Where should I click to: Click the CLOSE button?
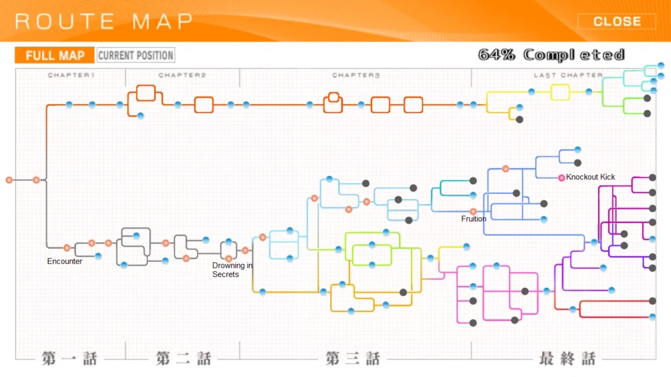(617, 22)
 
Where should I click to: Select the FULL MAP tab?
(55, 55)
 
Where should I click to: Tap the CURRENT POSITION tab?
(136, 55)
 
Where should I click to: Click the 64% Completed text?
(551, 55)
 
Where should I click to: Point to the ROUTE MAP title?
(104, 22)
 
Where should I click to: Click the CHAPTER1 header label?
(71, 75)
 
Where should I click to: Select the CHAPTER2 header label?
(182, 75)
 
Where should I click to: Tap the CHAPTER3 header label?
(356, 75)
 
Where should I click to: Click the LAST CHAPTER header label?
(568, 75)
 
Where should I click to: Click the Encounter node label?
(65, 261)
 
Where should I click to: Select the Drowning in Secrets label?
(233, 270)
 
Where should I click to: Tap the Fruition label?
(474, 219)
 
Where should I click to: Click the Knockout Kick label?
(590, 177)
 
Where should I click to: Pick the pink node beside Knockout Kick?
(562, 178)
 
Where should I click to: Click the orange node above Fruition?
(473, 211)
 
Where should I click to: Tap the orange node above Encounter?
(67, 248)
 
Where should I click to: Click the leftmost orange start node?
(9, 180)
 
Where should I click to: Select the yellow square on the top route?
(560, 92)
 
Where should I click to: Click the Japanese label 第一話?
(69, 358)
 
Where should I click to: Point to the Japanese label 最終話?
(567, 358)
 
